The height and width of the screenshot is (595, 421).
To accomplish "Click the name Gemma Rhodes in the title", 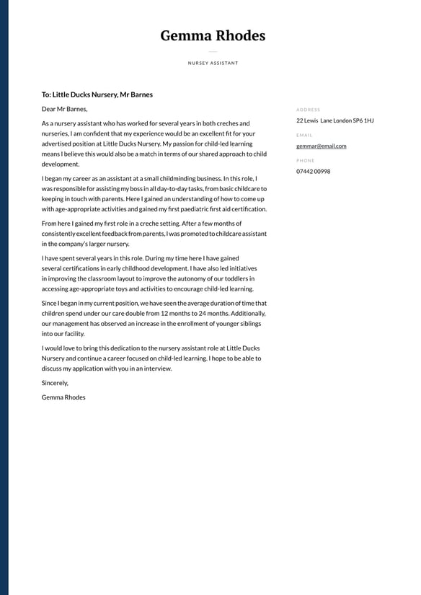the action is point(213,35).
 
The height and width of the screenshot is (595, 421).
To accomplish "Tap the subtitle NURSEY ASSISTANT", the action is point(213,63).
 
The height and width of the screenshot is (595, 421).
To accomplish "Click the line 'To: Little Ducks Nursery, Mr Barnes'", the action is point(97,94).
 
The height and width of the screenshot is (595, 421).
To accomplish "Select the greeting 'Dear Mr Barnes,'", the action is point(64,109).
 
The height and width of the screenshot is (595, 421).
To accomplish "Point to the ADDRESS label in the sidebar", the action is point(308,110).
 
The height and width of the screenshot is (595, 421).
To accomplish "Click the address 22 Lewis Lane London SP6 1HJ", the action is point(334,120).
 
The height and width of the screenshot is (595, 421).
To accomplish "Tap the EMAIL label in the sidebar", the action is point(304,135).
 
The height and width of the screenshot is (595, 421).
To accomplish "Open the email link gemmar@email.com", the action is point(321,146).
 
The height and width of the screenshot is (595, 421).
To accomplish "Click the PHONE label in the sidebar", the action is point(306,160).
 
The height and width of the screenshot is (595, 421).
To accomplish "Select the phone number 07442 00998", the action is point(313,171).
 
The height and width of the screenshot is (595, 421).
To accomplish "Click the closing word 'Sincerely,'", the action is point(55,383).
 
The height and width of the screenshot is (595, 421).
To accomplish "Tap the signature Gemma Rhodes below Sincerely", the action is point(63,397).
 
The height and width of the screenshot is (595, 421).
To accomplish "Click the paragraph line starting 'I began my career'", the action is point(149,178).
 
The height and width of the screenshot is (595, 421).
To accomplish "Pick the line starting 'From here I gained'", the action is point(142,224).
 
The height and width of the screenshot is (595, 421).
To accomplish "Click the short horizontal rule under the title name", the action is point(213,52).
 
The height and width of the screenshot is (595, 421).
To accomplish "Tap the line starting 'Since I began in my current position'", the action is point(154,304).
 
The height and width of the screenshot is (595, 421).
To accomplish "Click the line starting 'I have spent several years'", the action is point(140,258).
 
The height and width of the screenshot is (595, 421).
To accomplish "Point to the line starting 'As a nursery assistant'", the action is point(146,123).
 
